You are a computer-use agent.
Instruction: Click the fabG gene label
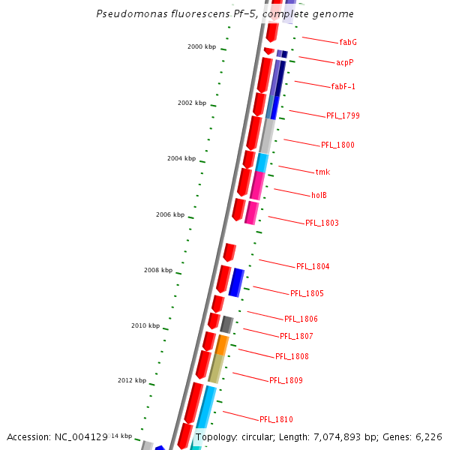pos(348,42)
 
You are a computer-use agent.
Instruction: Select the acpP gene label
pos(345,62)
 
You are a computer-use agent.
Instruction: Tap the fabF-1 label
pos(343,86)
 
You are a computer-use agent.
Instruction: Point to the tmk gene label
pos(322,172)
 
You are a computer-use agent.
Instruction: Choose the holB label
pos(319,195)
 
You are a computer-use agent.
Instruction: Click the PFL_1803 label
pos(322,223)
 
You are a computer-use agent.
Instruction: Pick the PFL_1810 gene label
pos(276,419)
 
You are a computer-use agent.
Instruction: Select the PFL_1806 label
pos(301,319)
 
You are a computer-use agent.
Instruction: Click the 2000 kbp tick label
pos(202,46)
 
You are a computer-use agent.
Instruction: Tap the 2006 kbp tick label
pos(170,214)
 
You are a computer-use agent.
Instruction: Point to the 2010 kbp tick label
pos(145,325)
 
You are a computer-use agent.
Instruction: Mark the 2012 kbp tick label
pos(132,380)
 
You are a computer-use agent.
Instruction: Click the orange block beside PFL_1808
pos(222,345)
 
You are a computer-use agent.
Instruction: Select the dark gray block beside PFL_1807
pos(226,325)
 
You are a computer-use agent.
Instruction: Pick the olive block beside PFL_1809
pos(216,369)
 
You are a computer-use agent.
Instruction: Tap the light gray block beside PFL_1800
pos(267,136)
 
